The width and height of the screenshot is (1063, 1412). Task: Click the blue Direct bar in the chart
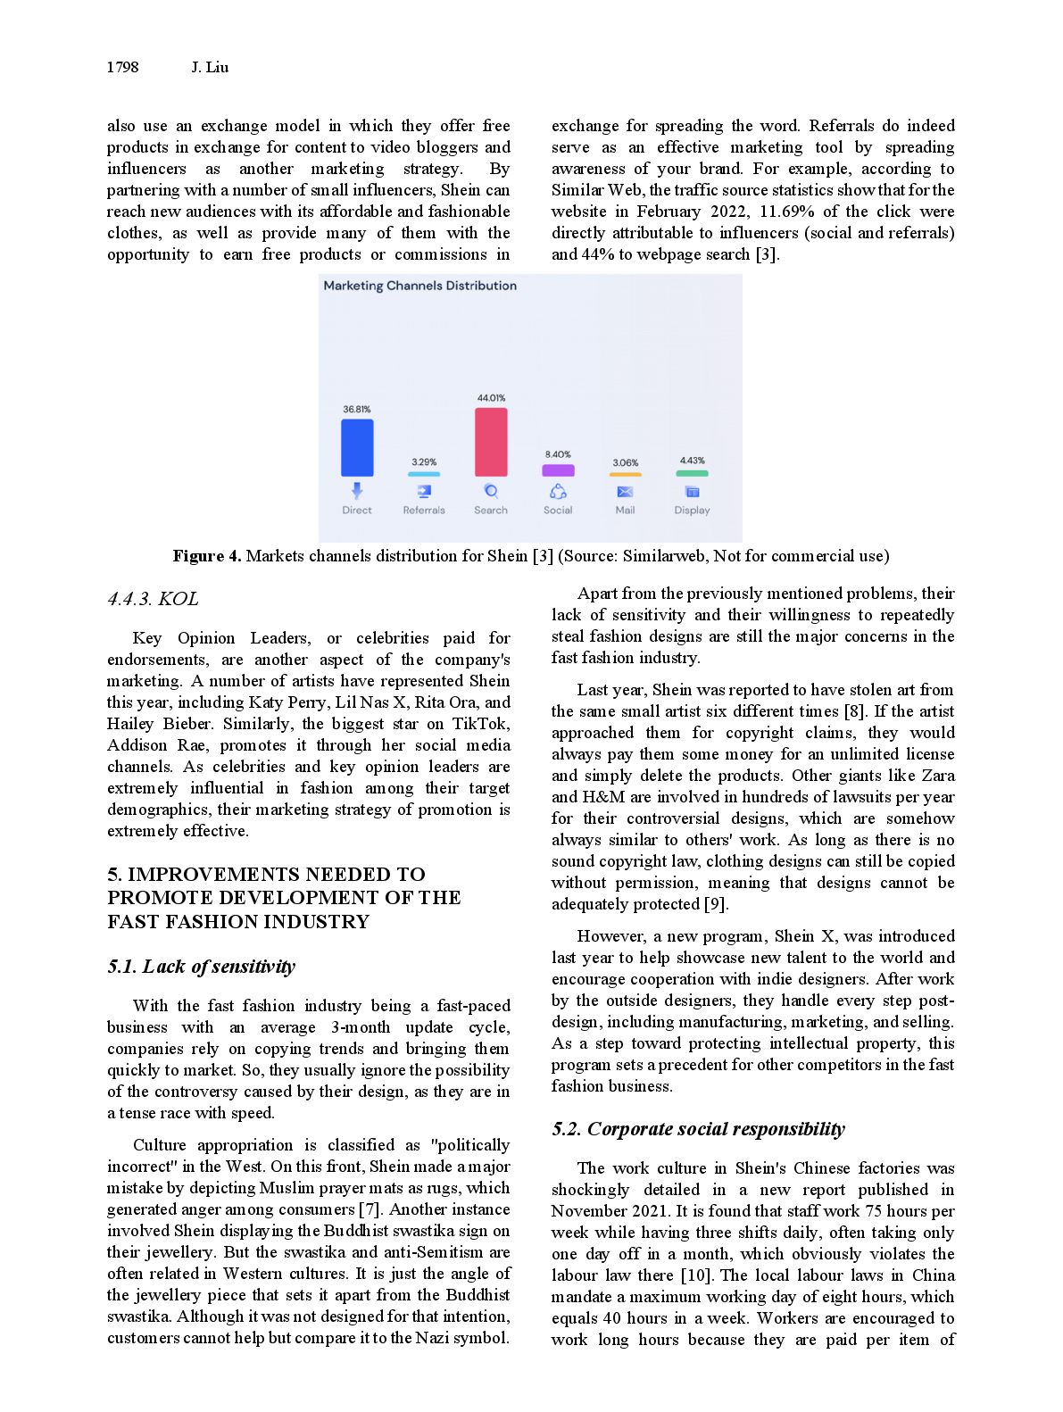pos(357,447)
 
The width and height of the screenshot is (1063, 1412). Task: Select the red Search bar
pos(491,442)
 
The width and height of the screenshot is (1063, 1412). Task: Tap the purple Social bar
pos(558,470)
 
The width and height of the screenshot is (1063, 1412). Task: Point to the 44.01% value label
pos(491,398)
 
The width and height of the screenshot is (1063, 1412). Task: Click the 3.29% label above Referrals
pos(424,462)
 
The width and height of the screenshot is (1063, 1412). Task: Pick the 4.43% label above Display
pos(692,461)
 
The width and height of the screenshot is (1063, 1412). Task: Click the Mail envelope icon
pos(625,492)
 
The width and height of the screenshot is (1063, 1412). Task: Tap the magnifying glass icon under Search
pos(491,491)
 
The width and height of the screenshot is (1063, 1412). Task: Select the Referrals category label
pos(424,511)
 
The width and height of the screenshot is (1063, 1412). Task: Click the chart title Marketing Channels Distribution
pos(419,286)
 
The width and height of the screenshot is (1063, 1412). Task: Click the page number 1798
pos(122,67)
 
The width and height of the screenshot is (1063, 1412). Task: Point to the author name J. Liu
pos(210,67)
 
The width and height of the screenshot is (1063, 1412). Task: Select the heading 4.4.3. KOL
pos(153,599)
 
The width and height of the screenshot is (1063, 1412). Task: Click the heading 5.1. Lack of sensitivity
pos(201,967)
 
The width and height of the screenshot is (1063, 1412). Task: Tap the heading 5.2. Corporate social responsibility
pos(698,1129)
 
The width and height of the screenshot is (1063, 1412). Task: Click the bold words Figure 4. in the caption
pos(207,556)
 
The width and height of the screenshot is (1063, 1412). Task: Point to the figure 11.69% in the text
pos(786,212)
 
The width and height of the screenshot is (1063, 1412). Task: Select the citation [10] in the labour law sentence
pos(696,1275)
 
